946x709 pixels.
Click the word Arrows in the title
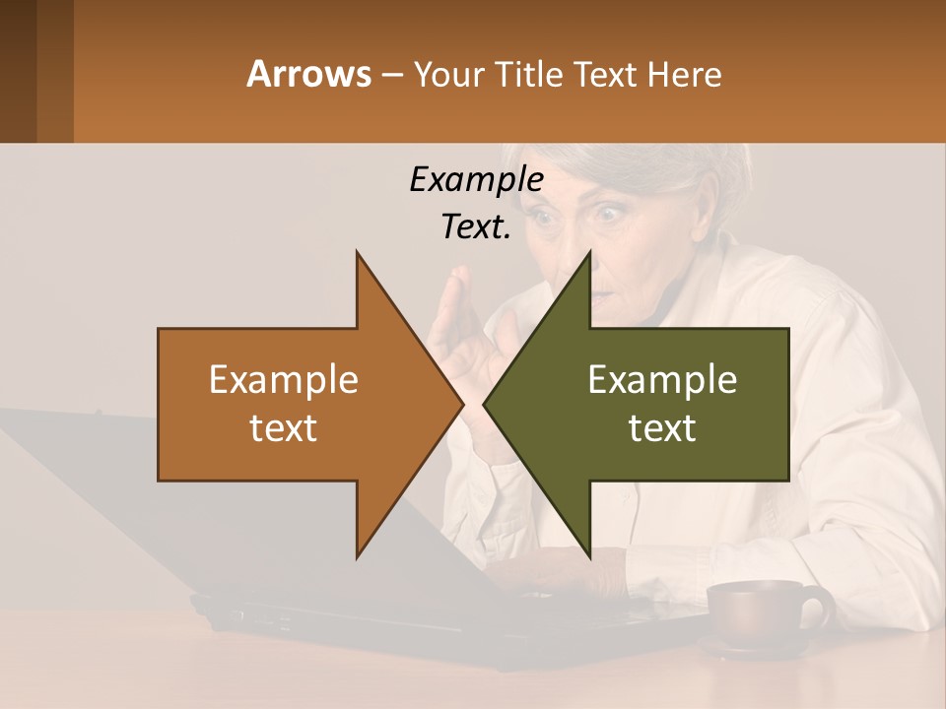click(x=307, y=74)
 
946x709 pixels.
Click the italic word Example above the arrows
click(x=476, y=180)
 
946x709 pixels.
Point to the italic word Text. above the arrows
click(x=476, y=226)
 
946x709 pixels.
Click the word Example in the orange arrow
click(x=283, y=380)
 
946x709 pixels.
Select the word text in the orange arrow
click(x=283, y=428)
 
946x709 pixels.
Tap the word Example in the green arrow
click(x=662, y=380)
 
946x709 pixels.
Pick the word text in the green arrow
click(x=662, y=428)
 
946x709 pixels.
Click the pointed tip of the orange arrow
click(x=460, y=405)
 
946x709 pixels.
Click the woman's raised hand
click(x=463, y=325)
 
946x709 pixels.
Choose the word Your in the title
click(x=443, y=74)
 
